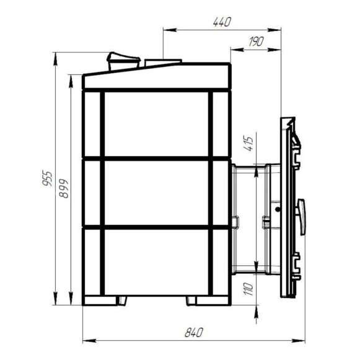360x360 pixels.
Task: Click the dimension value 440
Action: (x=221, y=22)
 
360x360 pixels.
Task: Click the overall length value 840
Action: (x=194, y=333)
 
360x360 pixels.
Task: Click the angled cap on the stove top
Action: (x=122, y=61)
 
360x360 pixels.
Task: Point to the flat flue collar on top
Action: (x=162, y=61)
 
